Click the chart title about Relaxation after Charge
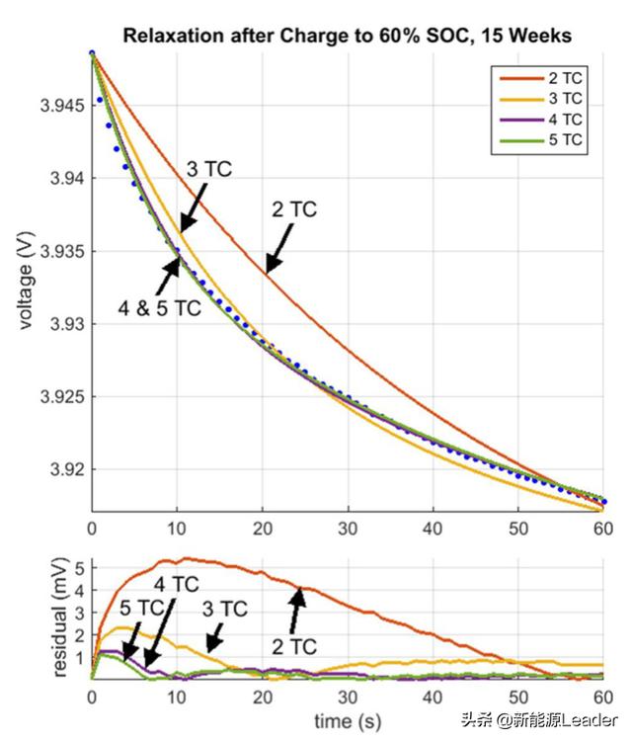coord(347,37)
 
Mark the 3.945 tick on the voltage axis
coord(60,105)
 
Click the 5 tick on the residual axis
coord(78,566)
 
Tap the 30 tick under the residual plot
coord(348,696)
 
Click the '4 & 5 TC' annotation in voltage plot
coord(159,308)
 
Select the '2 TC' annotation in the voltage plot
coord(294,209)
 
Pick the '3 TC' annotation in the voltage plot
coord(208,169)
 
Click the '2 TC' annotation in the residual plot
coord(293,647)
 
